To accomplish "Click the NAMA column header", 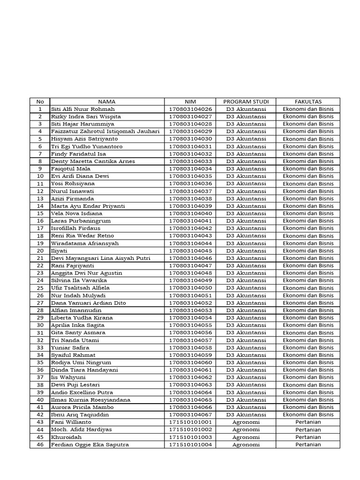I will pyautogui.click(x=107, y=101).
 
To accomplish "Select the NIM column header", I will pyautogui.click(x=190, y=101).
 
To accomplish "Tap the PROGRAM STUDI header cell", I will pyautogui.click(x=246, y=101).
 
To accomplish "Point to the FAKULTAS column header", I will pyautogui.click(x=308, y=101).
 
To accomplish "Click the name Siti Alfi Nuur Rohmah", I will pyautogui.click(x=83, y=109).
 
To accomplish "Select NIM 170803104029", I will pyautogui.click(x=190, y=131).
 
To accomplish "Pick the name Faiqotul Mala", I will pyautogui.click(x=71, y=169).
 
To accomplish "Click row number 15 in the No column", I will pyautogui.click(x=40, y=213).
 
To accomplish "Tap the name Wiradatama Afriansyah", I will pyautogui.click(x=85, y=243).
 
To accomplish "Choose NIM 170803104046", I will pyautogui.click(x=190, y=258).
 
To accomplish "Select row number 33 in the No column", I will pyautogui.click(x=40, y=348).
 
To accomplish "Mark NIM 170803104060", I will pyautogui.click(x=190, y=362).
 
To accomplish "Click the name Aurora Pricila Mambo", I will pyautogui.click(x=82, y=407).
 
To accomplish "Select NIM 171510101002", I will pyautogui.click(x=190, y=430).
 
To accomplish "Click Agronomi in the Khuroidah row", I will pyautogui.click(x=246, y=437).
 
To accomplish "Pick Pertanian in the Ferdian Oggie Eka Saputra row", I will pyautogui.click(x=308, y=445).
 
